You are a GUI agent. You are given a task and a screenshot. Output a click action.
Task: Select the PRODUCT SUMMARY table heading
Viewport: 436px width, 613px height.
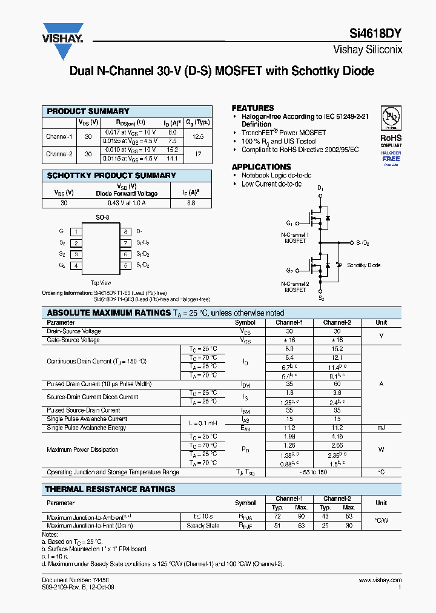click(x=88, y=111)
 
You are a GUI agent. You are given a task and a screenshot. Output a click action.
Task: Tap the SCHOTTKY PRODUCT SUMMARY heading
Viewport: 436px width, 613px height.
click(x=111, y=176)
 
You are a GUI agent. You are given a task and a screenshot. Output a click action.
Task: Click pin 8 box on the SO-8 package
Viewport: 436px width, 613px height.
click(x=125, y=231)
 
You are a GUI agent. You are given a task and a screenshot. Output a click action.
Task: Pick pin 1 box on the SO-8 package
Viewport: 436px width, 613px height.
click(x=76, y=231)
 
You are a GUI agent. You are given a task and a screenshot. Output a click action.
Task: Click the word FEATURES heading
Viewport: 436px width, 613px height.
click(x=253, y=108)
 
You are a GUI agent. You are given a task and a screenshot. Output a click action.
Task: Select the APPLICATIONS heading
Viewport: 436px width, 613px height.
click(x=261, y=167)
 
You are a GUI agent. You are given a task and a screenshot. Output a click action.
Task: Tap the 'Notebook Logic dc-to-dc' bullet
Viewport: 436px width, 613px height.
click(x=276, y=176)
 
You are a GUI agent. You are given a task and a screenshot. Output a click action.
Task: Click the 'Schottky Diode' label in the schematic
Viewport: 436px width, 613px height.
click(x=364, y=265)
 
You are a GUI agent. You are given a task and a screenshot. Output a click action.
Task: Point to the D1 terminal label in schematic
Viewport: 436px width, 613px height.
click(x=320, y=189)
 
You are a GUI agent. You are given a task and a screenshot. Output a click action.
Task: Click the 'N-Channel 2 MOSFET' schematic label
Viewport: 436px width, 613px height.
click(x=295, y=287)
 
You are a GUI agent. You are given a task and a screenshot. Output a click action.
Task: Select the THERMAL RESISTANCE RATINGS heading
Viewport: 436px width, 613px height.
click(x=111, y=489)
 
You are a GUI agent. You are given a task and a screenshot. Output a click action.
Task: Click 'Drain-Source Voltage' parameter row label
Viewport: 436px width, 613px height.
click(x=74, y=331)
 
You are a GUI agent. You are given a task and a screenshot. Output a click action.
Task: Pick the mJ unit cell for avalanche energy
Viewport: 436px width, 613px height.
click(x=381, y=428)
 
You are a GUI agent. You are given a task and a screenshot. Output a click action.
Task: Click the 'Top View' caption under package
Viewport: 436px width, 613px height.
click(x=101, y=283)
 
